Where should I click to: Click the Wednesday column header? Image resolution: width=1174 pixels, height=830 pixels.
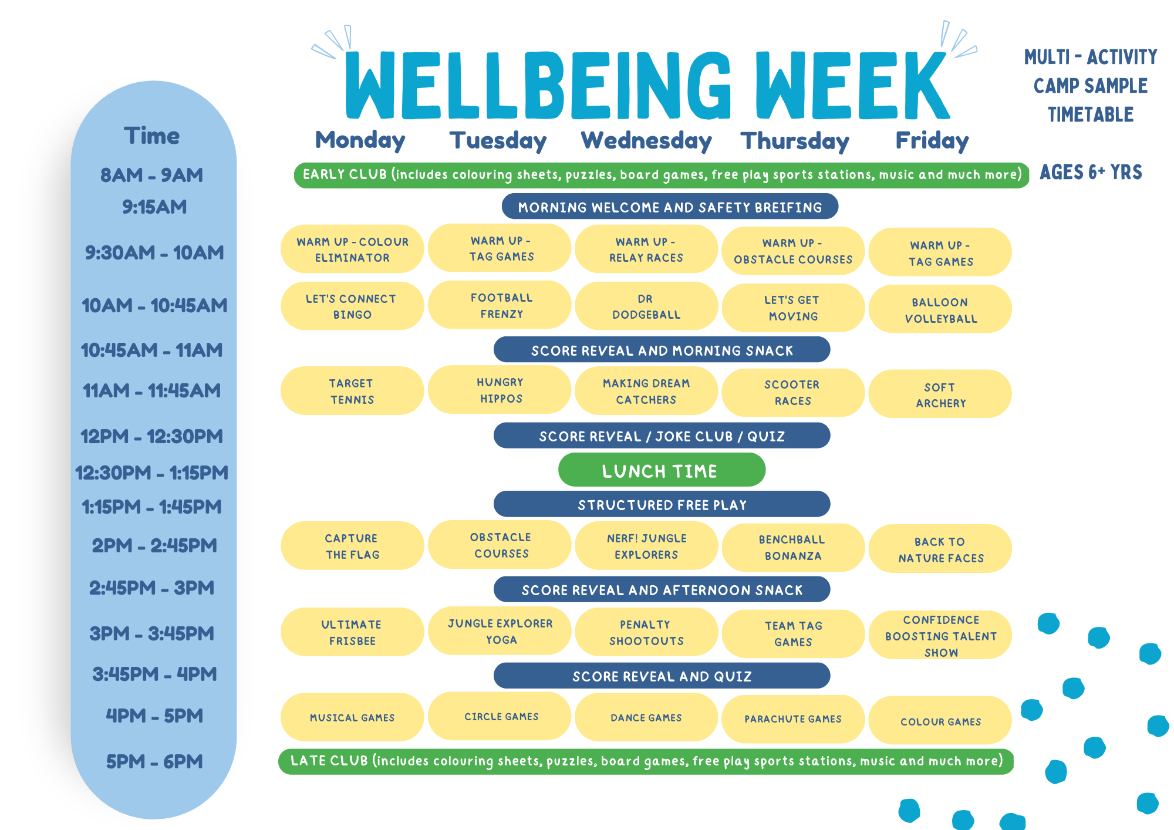(646, 141)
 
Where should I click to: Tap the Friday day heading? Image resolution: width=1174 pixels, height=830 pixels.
(932, 141)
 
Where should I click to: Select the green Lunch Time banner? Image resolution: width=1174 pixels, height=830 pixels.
(662, 470)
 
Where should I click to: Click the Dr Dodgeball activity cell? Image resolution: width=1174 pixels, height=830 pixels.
(646, 306)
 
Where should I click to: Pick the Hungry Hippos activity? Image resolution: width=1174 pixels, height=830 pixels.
(500, 390)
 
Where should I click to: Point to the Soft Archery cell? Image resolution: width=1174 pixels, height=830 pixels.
(940, 394)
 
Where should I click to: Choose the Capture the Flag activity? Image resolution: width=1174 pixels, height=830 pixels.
(352, 546)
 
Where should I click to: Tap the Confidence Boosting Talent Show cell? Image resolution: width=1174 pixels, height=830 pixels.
(940, 636)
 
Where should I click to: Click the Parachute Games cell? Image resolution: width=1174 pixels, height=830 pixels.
(793, 719)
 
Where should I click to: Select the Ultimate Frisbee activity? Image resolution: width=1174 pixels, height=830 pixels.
(352, 632)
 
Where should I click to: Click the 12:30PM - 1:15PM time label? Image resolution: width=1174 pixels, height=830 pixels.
(152, 473)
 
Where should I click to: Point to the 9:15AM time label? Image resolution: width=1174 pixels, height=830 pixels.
(154, 207)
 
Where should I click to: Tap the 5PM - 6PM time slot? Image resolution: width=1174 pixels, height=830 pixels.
(154, 761)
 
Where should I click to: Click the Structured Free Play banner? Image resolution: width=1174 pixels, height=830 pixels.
(662, 504)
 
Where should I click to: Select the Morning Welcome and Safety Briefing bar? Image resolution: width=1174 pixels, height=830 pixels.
(670, 207)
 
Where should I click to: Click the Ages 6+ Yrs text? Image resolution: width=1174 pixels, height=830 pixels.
(1091, 172)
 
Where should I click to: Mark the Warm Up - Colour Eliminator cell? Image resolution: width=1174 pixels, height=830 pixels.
(352, 249)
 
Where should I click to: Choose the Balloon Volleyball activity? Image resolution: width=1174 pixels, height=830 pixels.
(940, 309)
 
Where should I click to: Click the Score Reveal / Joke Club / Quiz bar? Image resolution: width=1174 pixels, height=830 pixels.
(662, 436)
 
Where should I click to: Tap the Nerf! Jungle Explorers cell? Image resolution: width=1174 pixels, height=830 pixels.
(646, 546)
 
